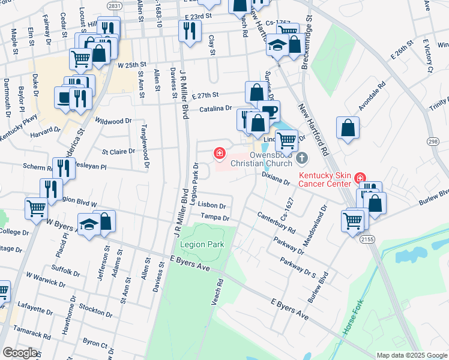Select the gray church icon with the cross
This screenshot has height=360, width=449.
pos(301,158)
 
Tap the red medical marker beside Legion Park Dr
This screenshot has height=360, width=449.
pos(220,154)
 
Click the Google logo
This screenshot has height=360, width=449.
pos(20,352)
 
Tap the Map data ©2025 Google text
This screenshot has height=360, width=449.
pos(411,355)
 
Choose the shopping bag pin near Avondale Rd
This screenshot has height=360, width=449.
pos(348,127)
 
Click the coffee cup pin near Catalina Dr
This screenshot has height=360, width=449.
pos(269,110)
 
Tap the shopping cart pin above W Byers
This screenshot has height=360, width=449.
pos(37,208)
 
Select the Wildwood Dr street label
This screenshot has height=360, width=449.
pos(113,121)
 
